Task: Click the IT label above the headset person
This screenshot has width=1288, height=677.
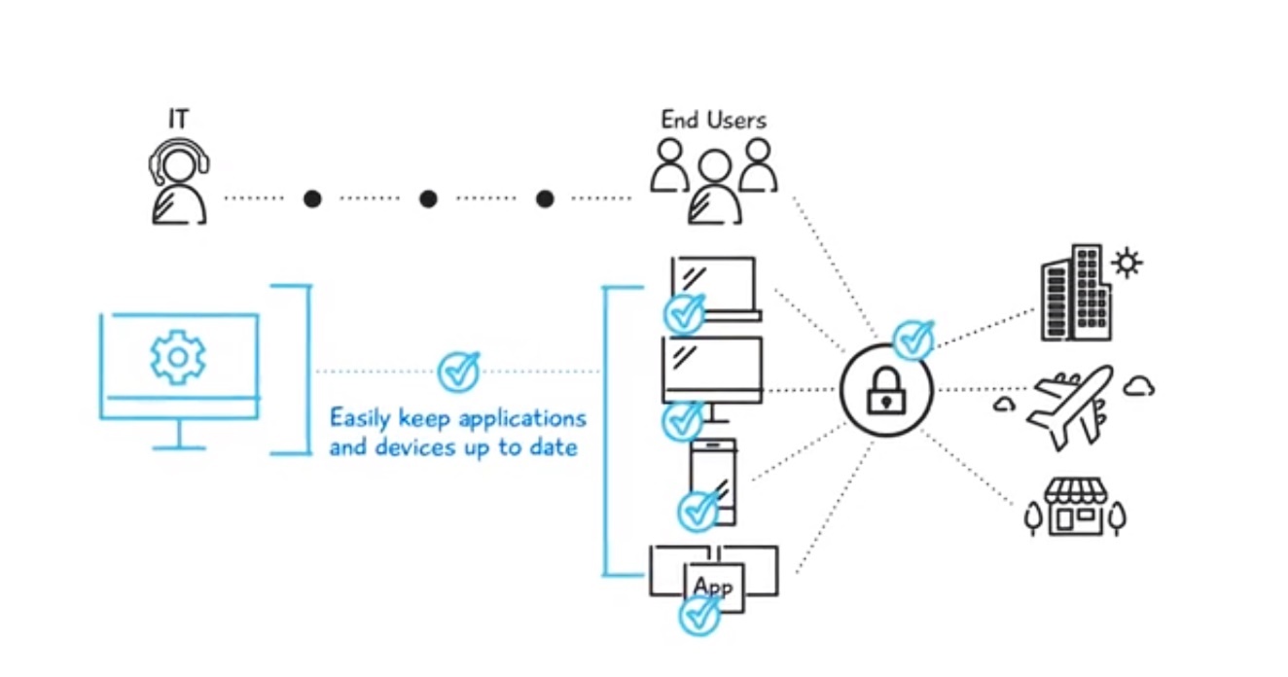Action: tap(177, 120)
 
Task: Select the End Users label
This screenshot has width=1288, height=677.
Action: tap(713, 120)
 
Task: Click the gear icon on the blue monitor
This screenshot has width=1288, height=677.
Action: tap(177, 357)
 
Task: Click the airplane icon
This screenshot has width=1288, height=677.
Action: tap(1068, 406)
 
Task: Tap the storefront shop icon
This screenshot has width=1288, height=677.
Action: tap(1075, 507)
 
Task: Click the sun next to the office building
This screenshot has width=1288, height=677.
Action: tap(1127, 263)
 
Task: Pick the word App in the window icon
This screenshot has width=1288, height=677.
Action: tap(713, 587)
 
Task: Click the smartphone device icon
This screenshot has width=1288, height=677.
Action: tap(713, 480)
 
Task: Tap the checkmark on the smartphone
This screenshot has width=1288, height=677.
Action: tap(698, 510)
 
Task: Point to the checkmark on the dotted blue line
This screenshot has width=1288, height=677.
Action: tap(458, 371)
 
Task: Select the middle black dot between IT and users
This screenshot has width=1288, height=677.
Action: tap(428, 198)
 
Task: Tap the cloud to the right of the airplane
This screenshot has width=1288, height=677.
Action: tap(1138, 386)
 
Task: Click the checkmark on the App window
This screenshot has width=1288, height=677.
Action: tap(699, 615)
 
